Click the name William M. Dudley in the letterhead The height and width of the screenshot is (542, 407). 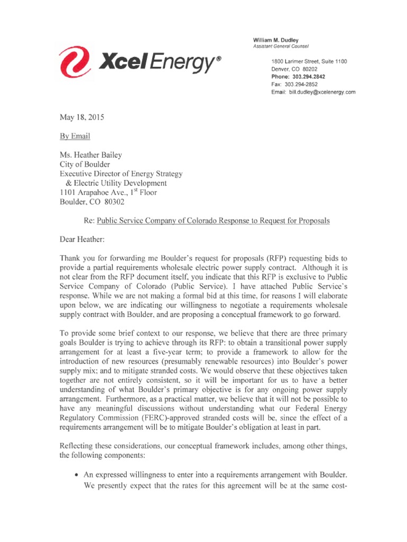(276, 40)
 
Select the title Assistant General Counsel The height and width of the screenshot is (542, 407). (282, 47)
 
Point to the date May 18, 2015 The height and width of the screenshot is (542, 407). (82, 118)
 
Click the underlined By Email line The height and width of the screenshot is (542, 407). (75, 136)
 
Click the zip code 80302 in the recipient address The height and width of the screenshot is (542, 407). (116, 202)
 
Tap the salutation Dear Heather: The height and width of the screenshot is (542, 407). (82, 239)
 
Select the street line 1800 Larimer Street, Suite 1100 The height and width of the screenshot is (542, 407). (309, 62)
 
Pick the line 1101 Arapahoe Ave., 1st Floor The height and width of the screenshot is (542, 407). (108, 193)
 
